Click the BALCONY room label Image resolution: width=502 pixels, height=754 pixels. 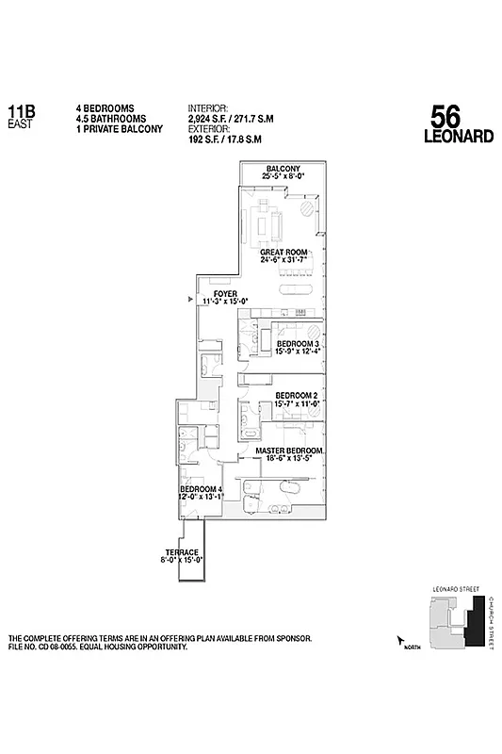click(283, 169)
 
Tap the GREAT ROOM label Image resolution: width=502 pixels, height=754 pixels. click(283, 253)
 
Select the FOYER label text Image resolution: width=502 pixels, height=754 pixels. click(225, 294)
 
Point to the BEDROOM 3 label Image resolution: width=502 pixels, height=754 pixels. click(300, 344)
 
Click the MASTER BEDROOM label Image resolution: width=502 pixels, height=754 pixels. click(290, 451)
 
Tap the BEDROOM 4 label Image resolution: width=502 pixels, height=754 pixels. click(201, 490)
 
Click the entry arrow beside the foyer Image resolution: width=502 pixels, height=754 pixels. click(191, 300)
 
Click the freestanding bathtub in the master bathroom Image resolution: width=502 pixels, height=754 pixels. click(289, 492)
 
